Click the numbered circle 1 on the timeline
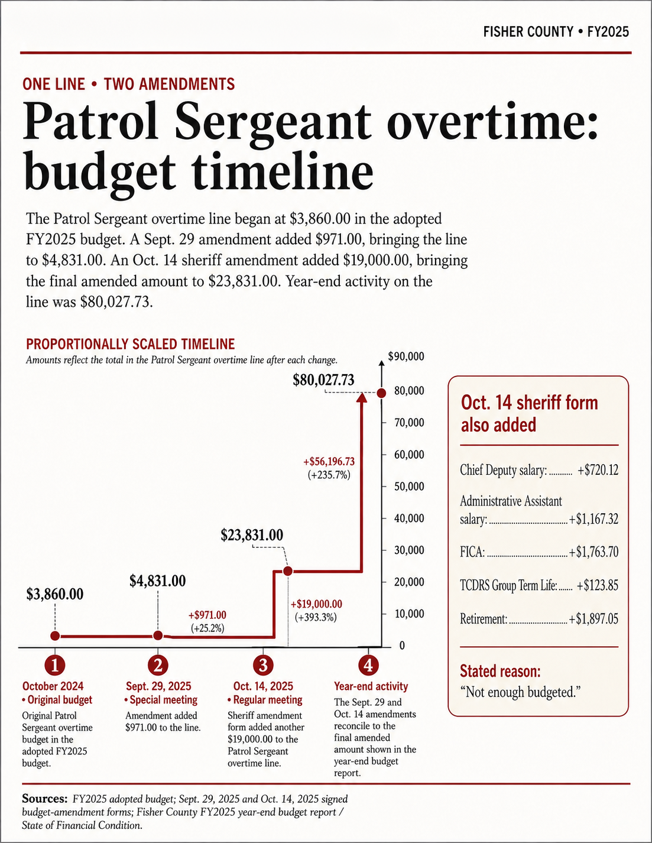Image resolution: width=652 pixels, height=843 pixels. coord(55,665)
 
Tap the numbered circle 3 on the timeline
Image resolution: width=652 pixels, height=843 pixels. coord(263,665)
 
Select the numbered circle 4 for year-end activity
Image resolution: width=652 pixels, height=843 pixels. coord(368,665)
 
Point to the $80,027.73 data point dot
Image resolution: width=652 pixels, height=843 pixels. coord(381,393)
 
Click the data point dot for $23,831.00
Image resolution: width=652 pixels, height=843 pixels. coord(287,571)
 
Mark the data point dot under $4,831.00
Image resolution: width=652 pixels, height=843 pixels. coord(158,636)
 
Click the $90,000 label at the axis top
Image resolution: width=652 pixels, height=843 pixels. coord(406,356)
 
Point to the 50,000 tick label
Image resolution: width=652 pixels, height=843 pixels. coord(409,487)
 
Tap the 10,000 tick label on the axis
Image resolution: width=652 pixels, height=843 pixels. coord(409,614)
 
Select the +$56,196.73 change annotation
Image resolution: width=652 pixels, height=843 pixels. coord(329,461)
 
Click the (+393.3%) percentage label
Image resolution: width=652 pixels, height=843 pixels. coord(316,617)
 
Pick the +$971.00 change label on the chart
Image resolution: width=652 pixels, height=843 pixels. coord(207,615)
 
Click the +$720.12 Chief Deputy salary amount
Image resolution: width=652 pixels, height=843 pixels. coord(598,470)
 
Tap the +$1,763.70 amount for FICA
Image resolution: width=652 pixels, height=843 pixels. coord(593,552)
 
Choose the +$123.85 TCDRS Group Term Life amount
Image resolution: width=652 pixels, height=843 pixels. coord(597,585)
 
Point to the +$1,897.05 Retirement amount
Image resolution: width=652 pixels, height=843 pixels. coord(593,619)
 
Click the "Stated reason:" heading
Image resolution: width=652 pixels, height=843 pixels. coord(500,671)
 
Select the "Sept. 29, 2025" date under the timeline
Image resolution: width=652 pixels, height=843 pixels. coord(158,686)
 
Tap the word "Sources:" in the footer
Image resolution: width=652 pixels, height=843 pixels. coord(45,799)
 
